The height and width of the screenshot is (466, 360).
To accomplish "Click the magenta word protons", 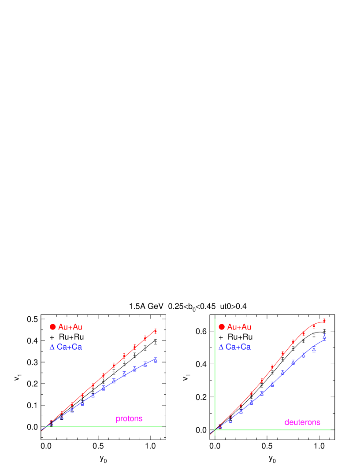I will coord(129,419).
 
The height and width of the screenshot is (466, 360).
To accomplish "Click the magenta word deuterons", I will coord(302,422).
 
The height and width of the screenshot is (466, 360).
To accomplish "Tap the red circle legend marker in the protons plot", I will coord(53,327).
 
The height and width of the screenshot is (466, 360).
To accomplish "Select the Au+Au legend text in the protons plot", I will coord(70,327).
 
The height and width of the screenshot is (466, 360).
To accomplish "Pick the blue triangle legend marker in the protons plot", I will coord(52,347).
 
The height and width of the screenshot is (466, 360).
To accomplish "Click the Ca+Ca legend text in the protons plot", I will coord(70,347).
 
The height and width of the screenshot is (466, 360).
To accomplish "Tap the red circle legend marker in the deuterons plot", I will coord(222,327).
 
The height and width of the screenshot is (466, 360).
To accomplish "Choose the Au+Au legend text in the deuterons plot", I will coord(239,327).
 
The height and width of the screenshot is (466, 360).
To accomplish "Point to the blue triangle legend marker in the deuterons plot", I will coord(221,347).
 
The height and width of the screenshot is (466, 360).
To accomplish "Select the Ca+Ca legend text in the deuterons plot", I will coord(238,347).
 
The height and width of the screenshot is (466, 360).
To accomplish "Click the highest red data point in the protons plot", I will coord(156,331).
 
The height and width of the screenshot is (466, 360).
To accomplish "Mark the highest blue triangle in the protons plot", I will coord(156,360).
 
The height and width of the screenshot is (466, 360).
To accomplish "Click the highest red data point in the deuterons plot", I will coord(324,321).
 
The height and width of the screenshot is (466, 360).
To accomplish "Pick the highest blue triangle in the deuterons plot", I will coord(324,337).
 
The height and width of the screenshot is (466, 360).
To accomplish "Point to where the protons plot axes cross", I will coord(46,427).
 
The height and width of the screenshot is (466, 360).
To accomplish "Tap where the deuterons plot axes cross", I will coord(215,430).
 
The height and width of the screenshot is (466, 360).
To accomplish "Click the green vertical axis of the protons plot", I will coord(46,374).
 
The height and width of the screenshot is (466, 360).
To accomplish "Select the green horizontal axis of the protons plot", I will coord(110,427).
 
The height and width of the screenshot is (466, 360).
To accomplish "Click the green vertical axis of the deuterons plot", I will coord(215,374).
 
